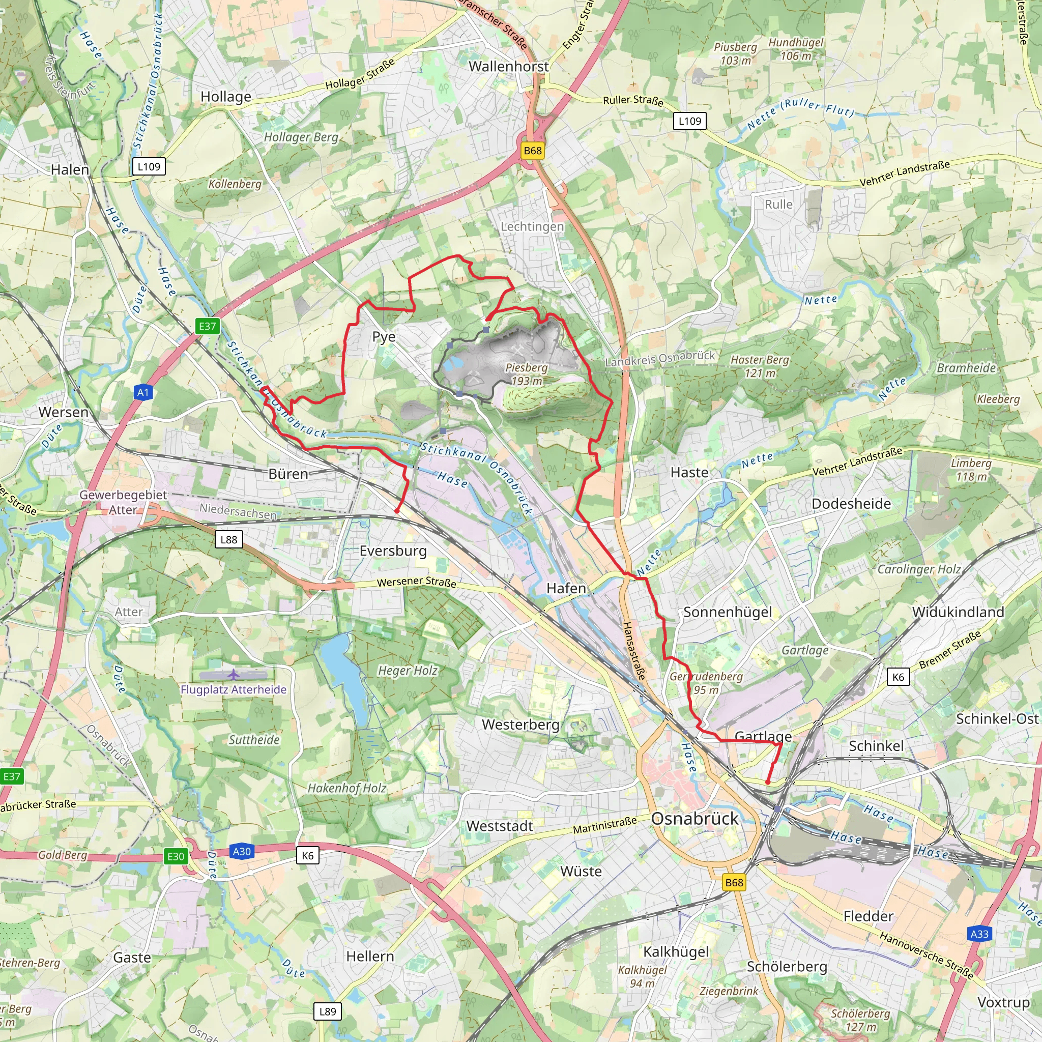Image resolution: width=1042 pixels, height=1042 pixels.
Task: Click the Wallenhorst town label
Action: point(509,66)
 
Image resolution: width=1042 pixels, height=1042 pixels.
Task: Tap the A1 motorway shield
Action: point(142,392)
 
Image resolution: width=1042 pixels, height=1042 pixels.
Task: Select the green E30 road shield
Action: point(176,856)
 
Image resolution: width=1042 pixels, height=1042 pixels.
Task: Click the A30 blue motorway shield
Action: point(241,851)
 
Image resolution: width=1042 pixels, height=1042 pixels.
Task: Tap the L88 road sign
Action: point(228,539)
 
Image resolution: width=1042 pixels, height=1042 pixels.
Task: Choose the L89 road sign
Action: point(327,1011)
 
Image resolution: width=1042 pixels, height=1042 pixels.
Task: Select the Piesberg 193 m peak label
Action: point(527,374)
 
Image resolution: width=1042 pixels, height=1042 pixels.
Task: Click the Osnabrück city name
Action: point(694,818)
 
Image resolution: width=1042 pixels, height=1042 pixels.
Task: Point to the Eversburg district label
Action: point(393,550)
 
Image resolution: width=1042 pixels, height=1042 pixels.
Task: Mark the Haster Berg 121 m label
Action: point(760,366)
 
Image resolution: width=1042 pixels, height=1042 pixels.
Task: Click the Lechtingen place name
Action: point(532,226)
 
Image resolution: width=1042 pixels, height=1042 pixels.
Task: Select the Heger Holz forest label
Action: point(407,671)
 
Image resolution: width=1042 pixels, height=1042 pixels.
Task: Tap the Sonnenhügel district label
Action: point(728,612)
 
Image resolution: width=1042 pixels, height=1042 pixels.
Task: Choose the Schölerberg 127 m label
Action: point(860,1020)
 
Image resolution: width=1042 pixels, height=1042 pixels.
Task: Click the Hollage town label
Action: point(225,97)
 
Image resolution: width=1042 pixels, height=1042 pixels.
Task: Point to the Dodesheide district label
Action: point(851,503)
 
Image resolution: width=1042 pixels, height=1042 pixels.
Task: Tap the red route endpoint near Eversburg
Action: point(397,510)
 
